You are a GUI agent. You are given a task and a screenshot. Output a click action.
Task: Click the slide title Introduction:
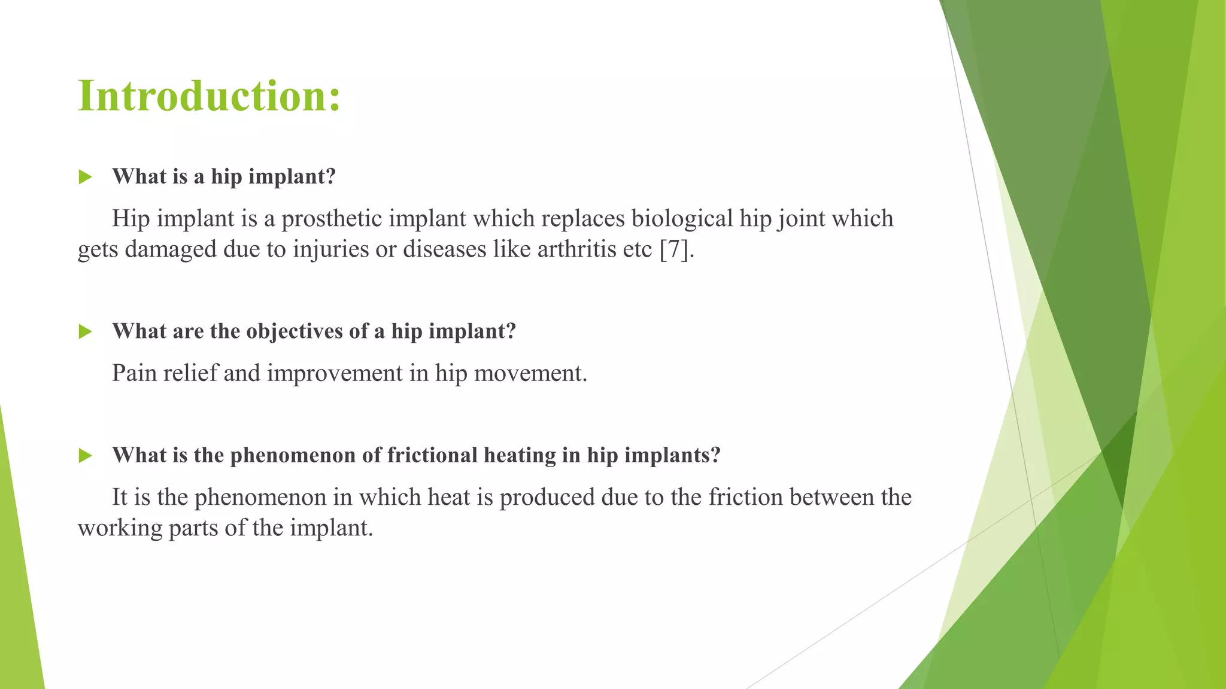click(x=209, y=96)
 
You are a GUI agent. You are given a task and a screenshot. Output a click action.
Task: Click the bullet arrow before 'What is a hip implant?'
click(x=86, y=177)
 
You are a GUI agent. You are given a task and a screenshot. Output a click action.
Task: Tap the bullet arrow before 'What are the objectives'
click(x=86, y=332)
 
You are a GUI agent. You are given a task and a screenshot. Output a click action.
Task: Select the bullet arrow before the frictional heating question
click(x=86, y=456)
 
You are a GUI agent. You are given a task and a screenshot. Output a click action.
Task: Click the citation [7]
click(x=676, y=249)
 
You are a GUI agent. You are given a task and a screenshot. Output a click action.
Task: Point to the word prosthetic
click(x=332, y=219)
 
